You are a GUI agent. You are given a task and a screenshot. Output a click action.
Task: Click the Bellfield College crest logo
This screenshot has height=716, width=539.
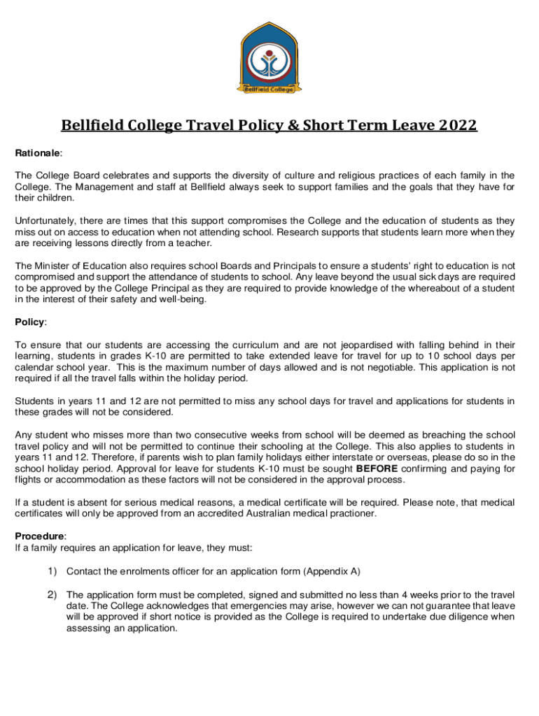(269, 58)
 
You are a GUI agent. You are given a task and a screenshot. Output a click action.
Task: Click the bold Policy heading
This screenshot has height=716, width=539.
(30, 322)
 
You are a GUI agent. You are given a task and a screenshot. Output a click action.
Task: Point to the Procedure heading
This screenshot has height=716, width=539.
(41, 536)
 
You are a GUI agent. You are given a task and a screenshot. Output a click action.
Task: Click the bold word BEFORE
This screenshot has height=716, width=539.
(378, 468)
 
